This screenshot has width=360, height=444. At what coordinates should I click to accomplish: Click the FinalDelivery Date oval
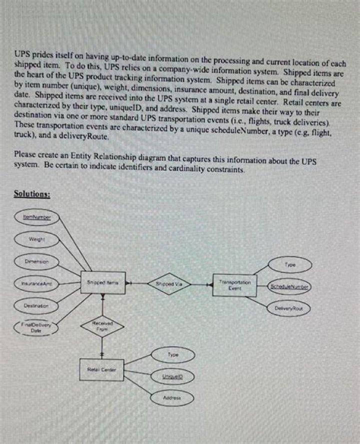point(35,328)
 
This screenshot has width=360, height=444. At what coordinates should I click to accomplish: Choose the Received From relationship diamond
point(102,325)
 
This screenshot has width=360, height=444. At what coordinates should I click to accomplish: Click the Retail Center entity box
point(102,370)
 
